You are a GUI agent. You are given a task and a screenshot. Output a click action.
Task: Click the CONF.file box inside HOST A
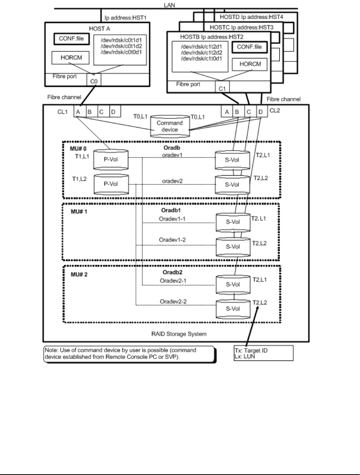click(71, 39)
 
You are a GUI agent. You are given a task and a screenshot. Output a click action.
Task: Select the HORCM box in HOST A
click(70, 58)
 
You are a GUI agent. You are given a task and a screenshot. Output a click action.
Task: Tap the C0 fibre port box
click(94, 80)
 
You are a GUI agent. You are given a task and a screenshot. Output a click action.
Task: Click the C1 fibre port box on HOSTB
click(222, 87)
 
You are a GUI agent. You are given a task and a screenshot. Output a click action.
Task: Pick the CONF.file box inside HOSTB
click(249, 47)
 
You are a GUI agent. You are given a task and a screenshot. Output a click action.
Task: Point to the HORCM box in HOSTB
click(250, 64)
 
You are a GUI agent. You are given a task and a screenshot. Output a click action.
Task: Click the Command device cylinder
click(170, 126)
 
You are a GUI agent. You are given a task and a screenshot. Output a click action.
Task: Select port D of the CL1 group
click(115, 111)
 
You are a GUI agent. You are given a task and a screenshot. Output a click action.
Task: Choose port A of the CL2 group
click(227, 112)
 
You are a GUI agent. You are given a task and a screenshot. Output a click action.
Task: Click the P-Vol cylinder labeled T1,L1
click(111, 159)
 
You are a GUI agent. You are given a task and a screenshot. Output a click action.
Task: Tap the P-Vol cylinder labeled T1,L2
click(111, 184)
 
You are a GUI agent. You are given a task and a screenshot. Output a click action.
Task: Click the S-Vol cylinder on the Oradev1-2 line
click(233, 247)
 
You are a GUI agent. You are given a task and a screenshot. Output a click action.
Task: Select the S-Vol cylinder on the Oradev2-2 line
click(233, 309)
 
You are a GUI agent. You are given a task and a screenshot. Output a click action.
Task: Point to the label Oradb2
click(173, 272)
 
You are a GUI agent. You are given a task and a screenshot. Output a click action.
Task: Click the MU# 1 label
click(79, 212)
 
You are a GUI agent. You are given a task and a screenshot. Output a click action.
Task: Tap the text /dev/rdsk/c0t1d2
click(121, 46)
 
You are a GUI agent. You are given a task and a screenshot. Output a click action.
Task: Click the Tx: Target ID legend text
click(251, 350)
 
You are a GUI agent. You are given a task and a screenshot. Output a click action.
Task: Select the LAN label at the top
click(169, 5)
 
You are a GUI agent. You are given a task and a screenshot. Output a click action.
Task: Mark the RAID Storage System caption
click(179, 334)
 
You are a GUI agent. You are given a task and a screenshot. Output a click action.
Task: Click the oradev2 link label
click(172, 181)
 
